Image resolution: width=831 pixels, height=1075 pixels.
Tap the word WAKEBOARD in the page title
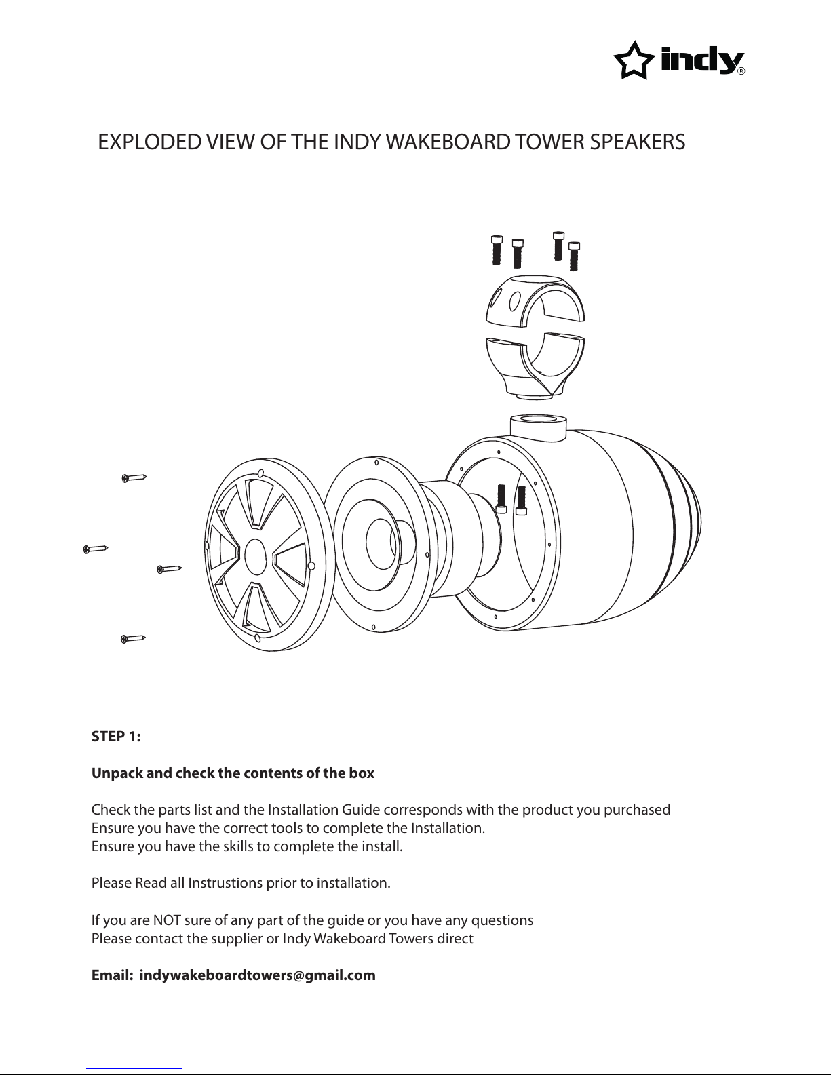click(x=448, y=142)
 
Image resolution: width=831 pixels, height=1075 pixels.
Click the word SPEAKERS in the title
click(x=638, y=142)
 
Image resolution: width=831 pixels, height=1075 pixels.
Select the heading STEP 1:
click(x=116, y=737)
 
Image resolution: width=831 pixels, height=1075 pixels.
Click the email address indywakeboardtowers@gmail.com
click(x=258, y=975)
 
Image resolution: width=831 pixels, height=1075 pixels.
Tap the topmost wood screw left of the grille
click(x=134, y=478)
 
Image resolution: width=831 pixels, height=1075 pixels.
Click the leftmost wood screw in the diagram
click(x=96, y=549)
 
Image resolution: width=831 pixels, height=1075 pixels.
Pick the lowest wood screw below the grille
click(x=133, y=639)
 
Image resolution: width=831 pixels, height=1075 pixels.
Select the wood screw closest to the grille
click(x=169, y=570)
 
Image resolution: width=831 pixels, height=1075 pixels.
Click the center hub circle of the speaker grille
click(x=255, y=557)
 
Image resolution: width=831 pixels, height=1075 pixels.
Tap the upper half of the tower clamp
click(x=535, y=300)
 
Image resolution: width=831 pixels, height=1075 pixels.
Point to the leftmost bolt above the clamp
click(x=497, y=250)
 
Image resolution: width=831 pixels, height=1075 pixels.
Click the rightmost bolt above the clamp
click(x=574, y=256)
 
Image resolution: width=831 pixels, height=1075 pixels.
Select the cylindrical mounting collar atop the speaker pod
click(x=539, y=429)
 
